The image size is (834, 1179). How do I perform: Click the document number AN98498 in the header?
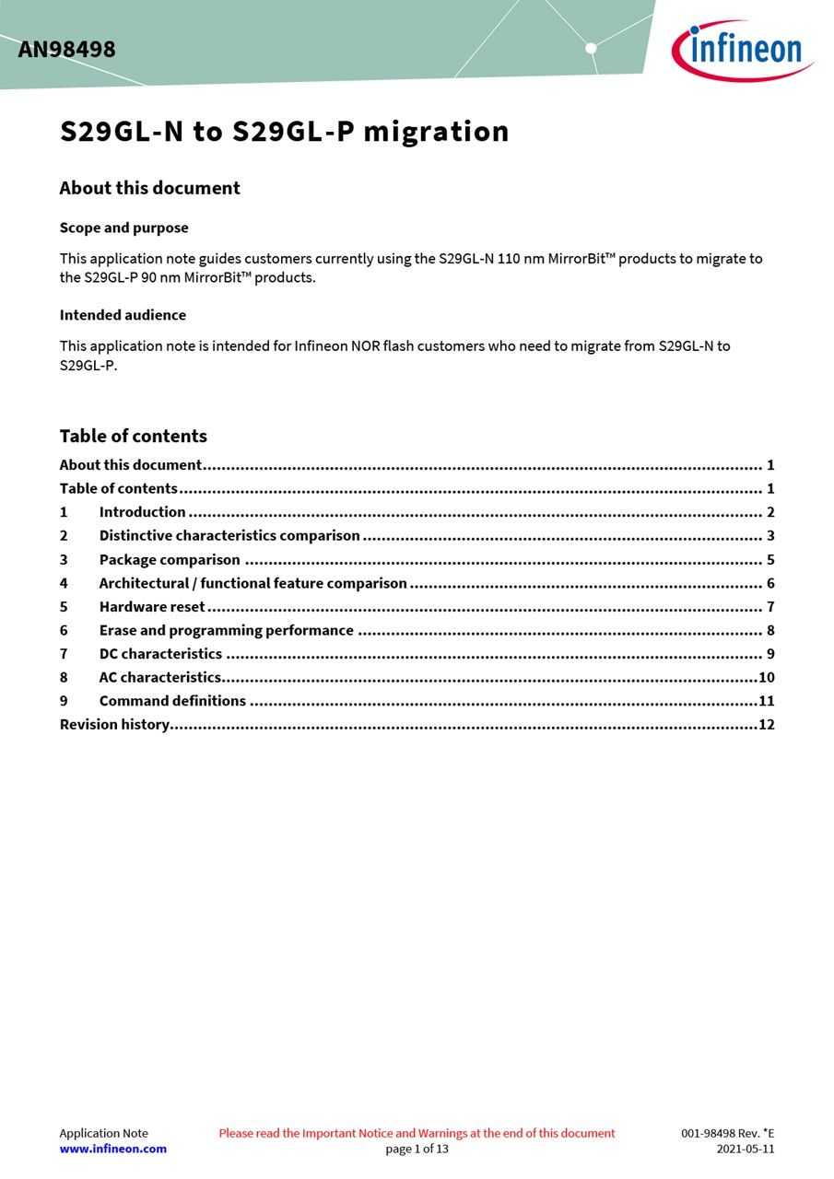66,50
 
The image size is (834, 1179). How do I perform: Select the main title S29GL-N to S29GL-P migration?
284,132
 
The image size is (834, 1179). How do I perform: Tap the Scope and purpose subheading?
123,228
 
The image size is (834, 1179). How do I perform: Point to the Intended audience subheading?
123,315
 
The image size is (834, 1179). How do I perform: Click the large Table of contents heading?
133,436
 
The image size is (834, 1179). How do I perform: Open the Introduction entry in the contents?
142,512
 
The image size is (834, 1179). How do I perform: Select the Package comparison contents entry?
170,560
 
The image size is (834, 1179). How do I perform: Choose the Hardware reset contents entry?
152,607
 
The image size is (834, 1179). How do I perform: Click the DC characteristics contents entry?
160,654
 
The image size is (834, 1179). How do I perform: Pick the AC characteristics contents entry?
160,678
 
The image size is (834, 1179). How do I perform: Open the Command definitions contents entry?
172,701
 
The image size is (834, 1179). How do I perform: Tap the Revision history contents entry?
114,725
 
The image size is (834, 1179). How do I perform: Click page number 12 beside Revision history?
766,725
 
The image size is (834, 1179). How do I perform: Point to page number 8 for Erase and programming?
769,631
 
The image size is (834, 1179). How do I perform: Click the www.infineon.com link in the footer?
112,1149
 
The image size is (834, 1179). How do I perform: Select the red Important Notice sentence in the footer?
417,1133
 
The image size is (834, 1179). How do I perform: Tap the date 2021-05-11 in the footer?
745,1149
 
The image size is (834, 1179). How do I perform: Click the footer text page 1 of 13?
417,1149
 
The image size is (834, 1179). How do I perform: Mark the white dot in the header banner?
591,48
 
